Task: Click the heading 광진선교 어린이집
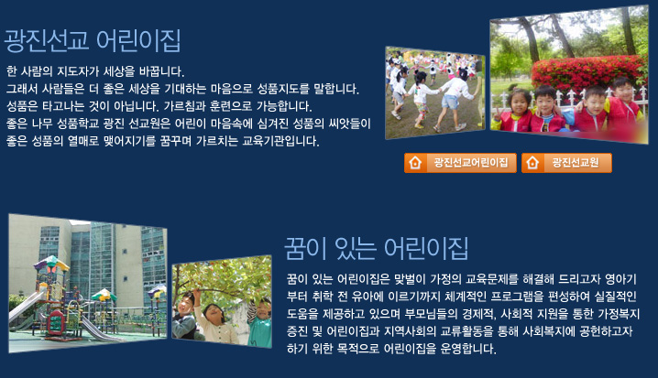(x=93, y=40)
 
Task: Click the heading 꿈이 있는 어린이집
(x=377, y=248)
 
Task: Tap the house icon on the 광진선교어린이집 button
(x=415, y=163)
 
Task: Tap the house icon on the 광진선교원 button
(x=532, y=163)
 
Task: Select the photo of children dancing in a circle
(x=435, y=92)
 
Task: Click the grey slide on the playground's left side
(x=25, y=307)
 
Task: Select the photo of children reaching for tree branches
(x=222, y=302)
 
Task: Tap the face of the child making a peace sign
(x=519, y=102)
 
